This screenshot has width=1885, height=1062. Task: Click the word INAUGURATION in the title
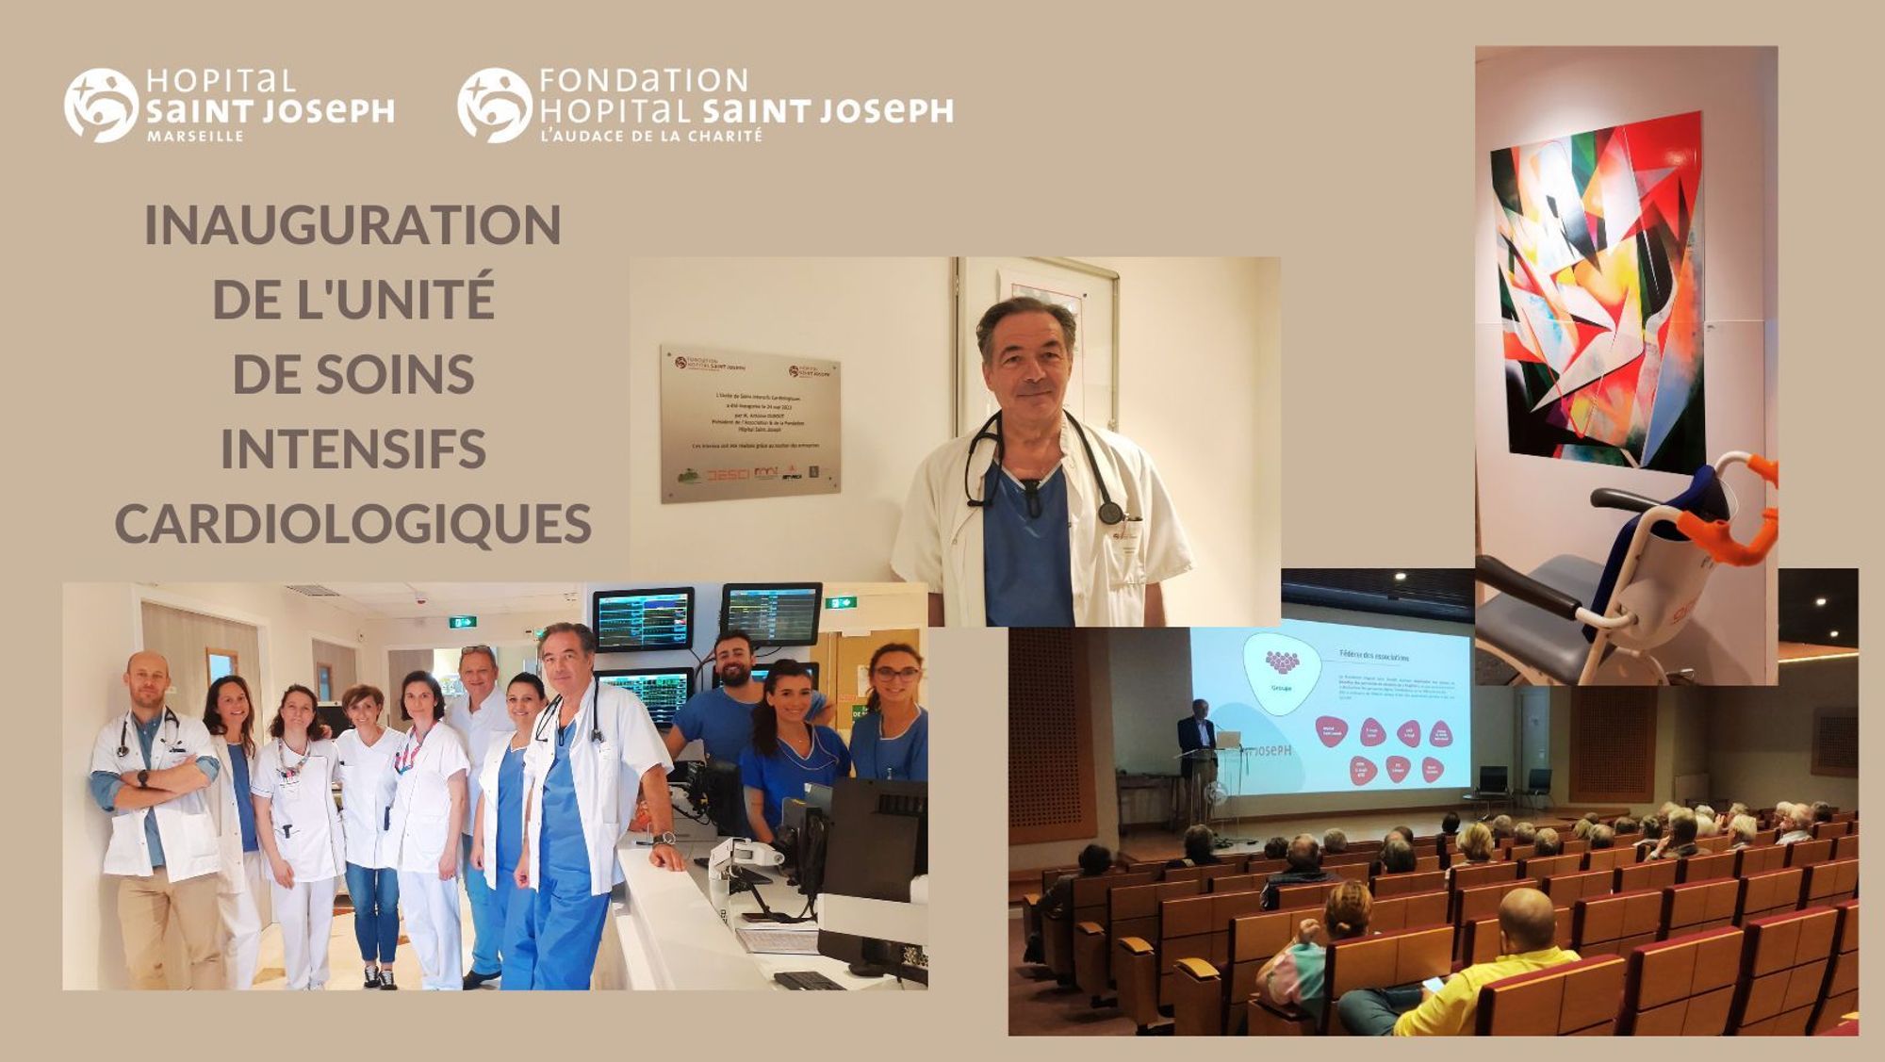point(352,226)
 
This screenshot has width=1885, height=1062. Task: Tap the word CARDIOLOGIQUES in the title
point(352,525)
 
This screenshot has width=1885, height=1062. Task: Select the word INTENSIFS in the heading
point(352,449)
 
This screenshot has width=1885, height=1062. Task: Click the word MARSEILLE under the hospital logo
point(195,137)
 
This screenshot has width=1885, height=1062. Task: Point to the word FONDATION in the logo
point(644,80)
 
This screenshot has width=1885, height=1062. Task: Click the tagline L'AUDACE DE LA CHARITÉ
point(650,137)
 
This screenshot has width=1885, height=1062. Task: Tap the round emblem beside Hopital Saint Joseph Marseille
point(101,106)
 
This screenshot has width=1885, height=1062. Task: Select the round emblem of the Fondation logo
point(494,106)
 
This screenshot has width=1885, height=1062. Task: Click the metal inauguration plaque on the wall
point(749,423)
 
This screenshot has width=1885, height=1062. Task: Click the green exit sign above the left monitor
point(461,622)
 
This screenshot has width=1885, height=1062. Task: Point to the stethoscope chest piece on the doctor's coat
point(1110,513)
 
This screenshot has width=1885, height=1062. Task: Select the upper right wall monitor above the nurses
point(771,613)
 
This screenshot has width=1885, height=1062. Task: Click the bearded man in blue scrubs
point(729,697)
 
